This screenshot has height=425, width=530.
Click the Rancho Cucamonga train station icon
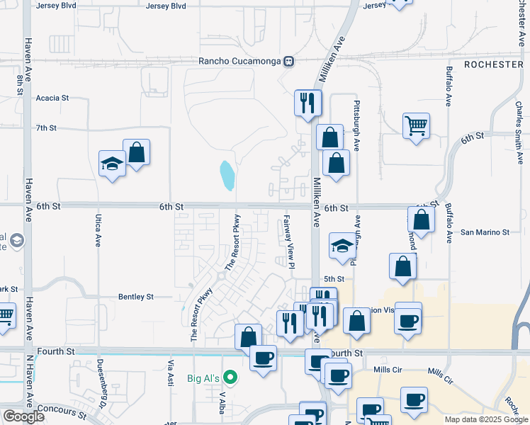[x=289, y=61]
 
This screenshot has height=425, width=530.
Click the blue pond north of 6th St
[x=227, y=176]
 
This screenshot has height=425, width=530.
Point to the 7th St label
[x=46, y=128]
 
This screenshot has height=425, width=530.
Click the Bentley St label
[x=136, y=297]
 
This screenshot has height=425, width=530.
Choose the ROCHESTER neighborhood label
[x=493, y=64]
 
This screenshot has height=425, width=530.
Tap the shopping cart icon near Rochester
[x=416, y=126]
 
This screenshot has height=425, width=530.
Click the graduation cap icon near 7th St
[x=112, y=164]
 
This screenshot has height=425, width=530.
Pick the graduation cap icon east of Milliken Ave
[x=342, y=246]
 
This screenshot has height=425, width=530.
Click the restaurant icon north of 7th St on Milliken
[x=308, y=103]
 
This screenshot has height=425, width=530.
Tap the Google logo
[x=23, y=416]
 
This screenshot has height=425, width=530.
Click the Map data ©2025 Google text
[x=485, y=419]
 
